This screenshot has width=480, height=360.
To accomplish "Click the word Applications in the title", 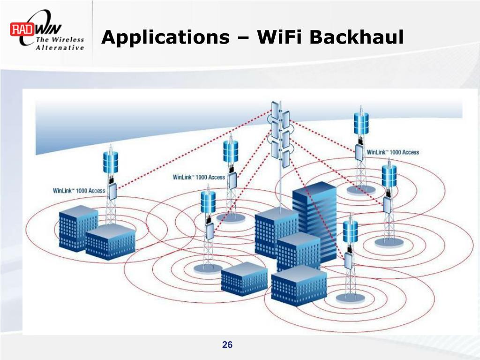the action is pos(165,37).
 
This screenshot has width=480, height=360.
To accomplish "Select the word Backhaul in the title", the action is pos(357,37).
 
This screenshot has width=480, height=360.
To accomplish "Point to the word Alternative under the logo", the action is pos(60,48).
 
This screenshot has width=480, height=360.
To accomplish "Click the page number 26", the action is pos(227,345).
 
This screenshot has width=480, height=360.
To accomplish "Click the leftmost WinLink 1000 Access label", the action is pos(79,191).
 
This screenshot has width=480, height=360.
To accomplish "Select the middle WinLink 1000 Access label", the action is pos(199,177).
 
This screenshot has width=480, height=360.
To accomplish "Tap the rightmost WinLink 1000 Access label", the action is pos(393,152).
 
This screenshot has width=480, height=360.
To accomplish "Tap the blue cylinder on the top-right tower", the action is pos(361,123).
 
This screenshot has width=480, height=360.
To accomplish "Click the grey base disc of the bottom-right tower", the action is pos(351,298).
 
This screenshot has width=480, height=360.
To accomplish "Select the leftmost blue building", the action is pos(78,228).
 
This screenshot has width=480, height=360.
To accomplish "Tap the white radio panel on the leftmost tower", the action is pos(112,192).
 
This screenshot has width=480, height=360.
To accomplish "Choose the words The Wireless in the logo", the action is pos(60,40).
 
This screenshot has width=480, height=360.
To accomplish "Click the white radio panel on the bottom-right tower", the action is pos(349,261).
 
